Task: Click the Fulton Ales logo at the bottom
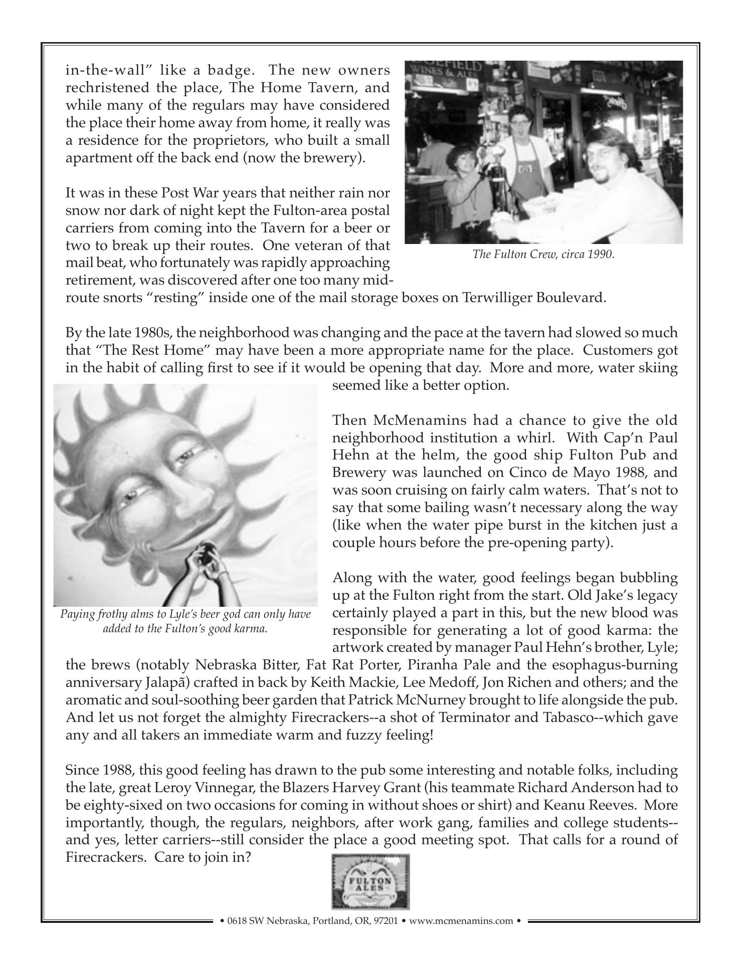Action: (370, 881)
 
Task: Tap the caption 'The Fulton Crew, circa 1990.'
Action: (543, 255)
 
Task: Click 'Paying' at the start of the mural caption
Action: (77, 614)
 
